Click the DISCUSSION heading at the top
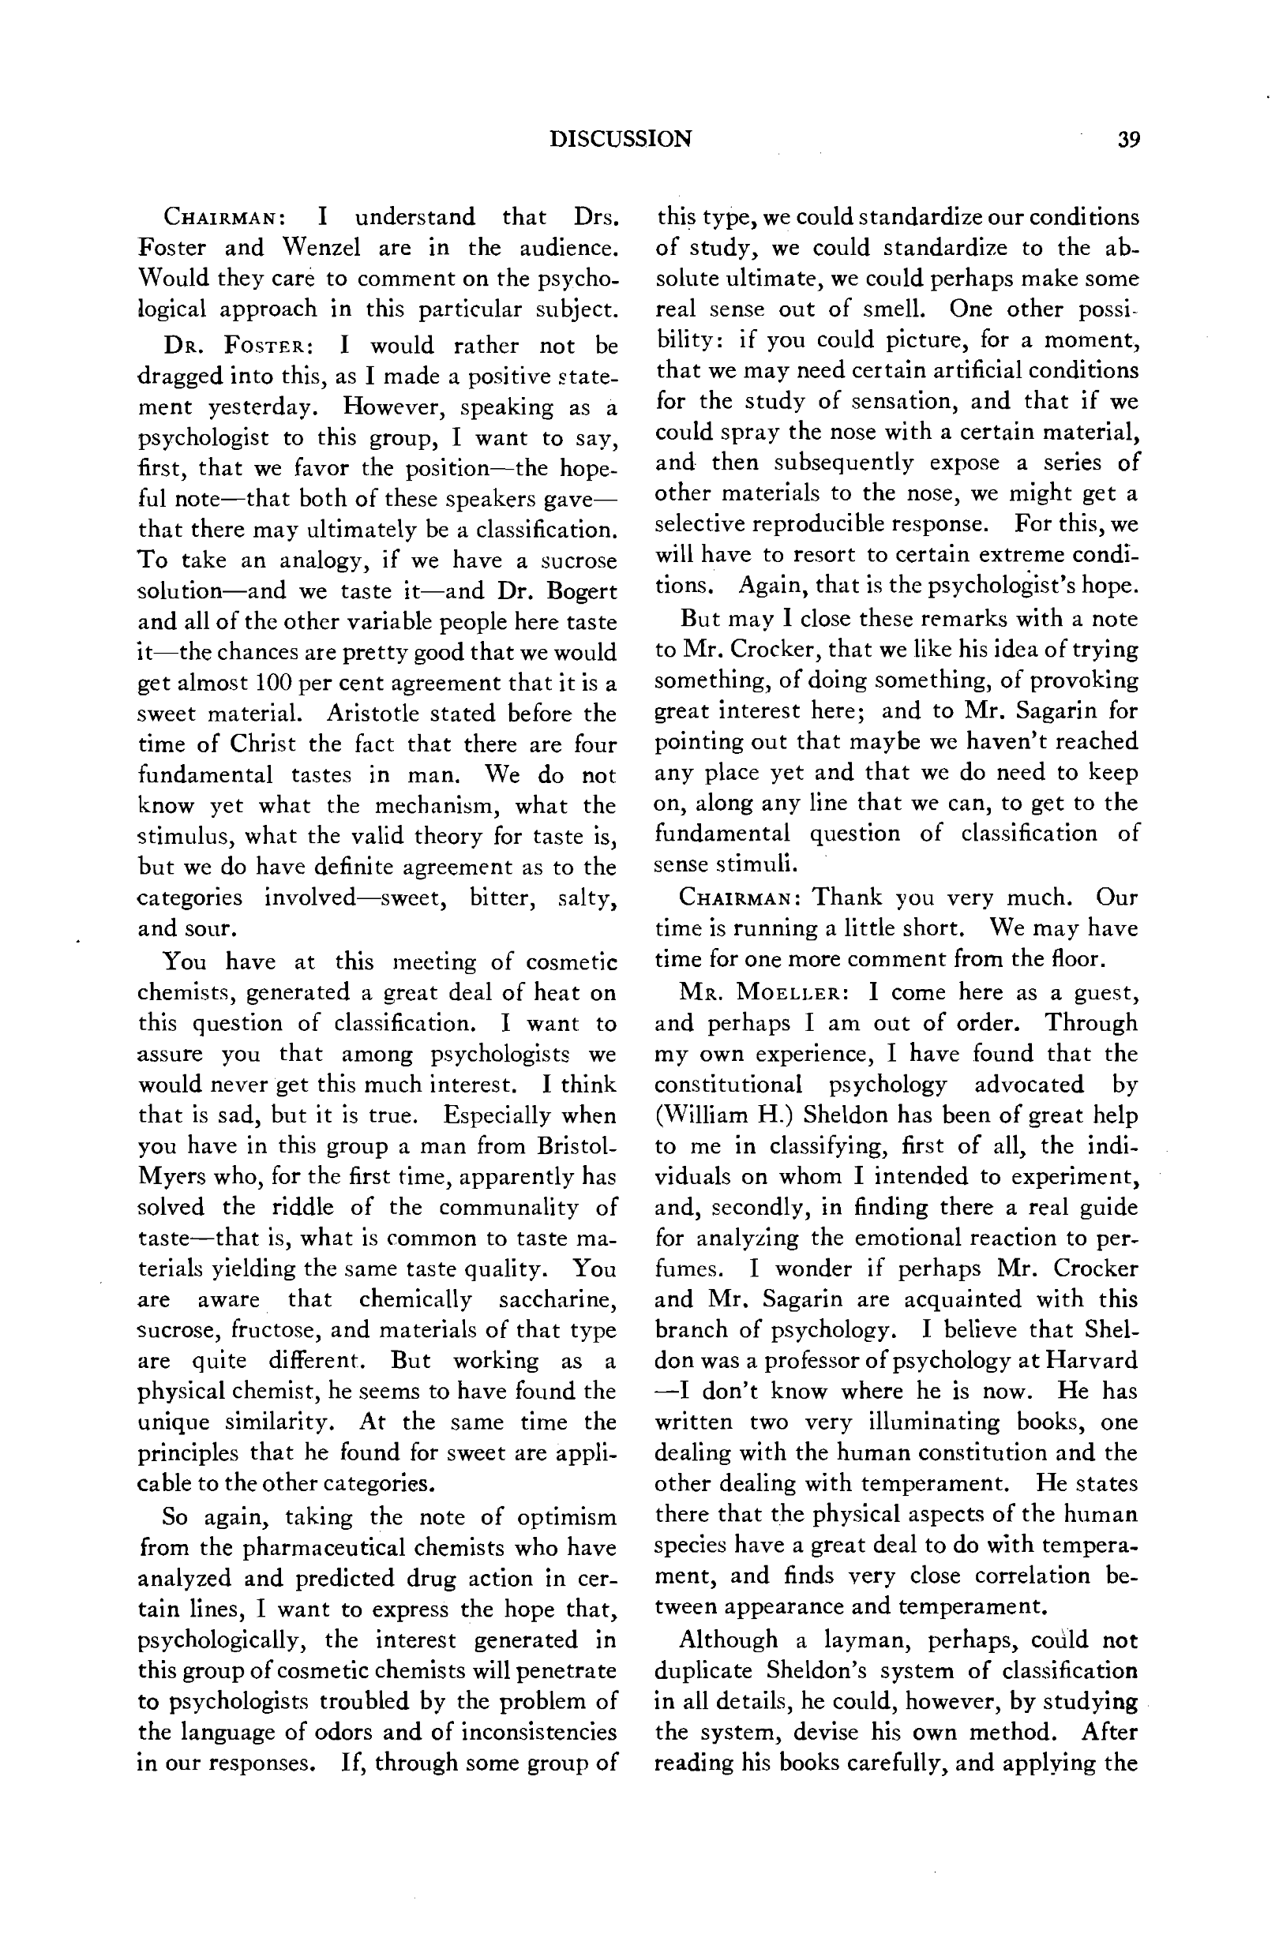tap(621, 139)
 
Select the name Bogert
tap(581, 591)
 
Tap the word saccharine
tap(557, 1299)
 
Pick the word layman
tap(865, 1640)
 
